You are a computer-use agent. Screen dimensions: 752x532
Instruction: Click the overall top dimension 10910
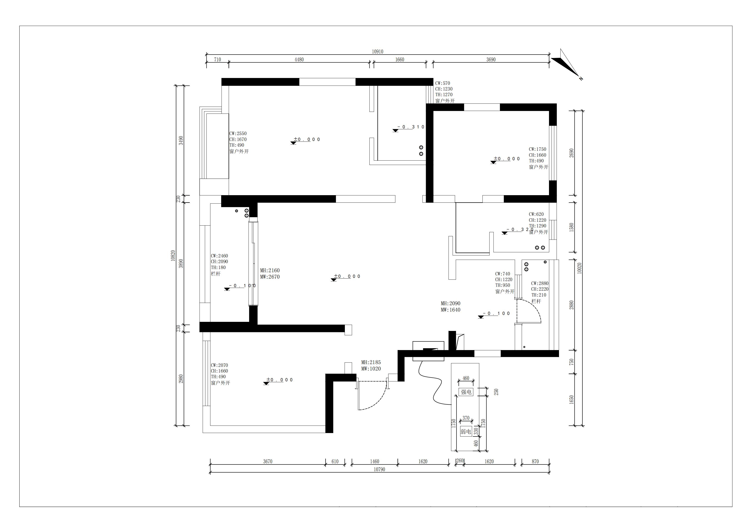(377, 51)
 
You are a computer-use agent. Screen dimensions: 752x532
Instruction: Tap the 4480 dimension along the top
(299, 60)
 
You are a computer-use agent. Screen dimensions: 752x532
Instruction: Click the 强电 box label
(466, 392)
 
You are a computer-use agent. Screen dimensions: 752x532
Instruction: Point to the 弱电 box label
(466, 431)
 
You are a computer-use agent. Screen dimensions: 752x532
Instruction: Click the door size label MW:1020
(371, 369)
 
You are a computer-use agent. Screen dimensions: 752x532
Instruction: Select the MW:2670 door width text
(270, 277)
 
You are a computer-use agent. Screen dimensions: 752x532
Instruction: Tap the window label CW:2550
(238, 134)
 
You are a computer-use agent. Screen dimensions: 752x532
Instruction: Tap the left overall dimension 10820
(173, 256)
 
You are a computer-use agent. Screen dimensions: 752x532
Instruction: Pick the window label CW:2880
(540, 283)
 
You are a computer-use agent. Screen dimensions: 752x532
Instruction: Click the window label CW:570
(442, 83)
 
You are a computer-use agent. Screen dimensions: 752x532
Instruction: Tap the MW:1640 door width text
(450, 310)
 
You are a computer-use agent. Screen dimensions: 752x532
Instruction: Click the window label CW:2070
(219, 365)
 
